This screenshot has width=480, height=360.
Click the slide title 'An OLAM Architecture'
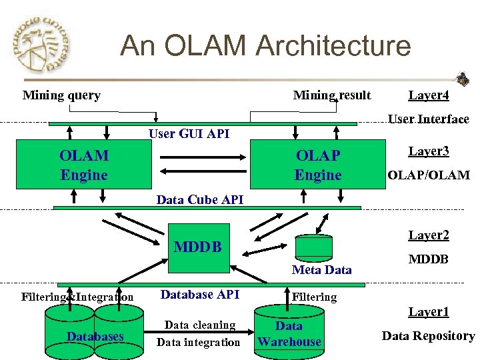pos(265,46)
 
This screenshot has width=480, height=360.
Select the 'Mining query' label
pos(61,95)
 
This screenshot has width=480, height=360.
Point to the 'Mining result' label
pos(332,95)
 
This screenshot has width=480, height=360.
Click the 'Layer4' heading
pos(429,95)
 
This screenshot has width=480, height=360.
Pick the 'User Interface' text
pos(429,119)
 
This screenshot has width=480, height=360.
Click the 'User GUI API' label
pos(189,134)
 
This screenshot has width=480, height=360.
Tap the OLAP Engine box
pos(317,165)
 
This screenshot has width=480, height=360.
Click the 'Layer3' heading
pos(429,151)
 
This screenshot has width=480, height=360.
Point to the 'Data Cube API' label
pos(200,199)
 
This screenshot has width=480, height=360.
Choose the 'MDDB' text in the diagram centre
pos(197,247)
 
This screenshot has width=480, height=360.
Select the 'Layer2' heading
pos(429,235)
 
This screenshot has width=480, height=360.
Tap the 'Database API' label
pos(200,294)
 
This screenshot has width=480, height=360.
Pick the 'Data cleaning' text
pos(200,325)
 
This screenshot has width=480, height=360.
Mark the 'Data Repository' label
pos(428,336)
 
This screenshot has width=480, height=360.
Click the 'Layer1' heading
pos(429,312)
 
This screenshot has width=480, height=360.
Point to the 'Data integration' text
pos(198,343)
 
